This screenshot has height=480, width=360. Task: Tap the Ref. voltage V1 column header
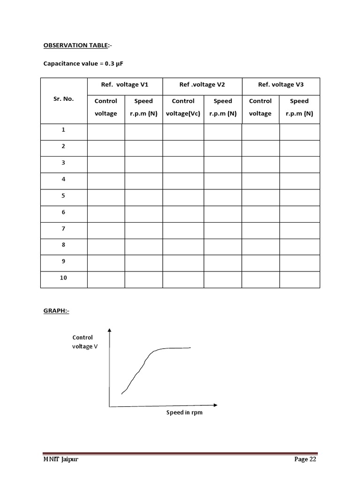tap(125, 84)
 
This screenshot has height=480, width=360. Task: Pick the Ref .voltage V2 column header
tap(202, 84)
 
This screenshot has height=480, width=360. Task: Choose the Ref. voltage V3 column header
tap(281, 84)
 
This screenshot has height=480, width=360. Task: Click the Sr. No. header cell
tap(64, 99)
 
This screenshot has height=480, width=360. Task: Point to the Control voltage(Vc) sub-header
tap(183, 107)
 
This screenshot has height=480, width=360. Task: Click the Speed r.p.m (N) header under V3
tap(299, 107)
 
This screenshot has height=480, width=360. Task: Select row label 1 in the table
tap(64, 130)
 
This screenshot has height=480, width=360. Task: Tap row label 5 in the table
tap(64, 195)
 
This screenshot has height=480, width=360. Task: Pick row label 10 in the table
tap(64, 277)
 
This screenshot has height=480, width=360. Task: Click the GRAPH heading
tap(56, 310)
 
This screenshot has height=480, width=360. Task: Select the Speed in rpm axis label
tap(185, 413)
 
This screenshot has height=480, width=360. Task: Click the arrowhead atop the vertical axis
tap(110, 330)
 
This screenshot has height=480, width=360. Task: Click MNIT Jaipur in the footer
tap(60, 459)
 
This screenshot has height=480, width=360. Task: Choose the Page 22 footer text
tap(305, 459)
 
